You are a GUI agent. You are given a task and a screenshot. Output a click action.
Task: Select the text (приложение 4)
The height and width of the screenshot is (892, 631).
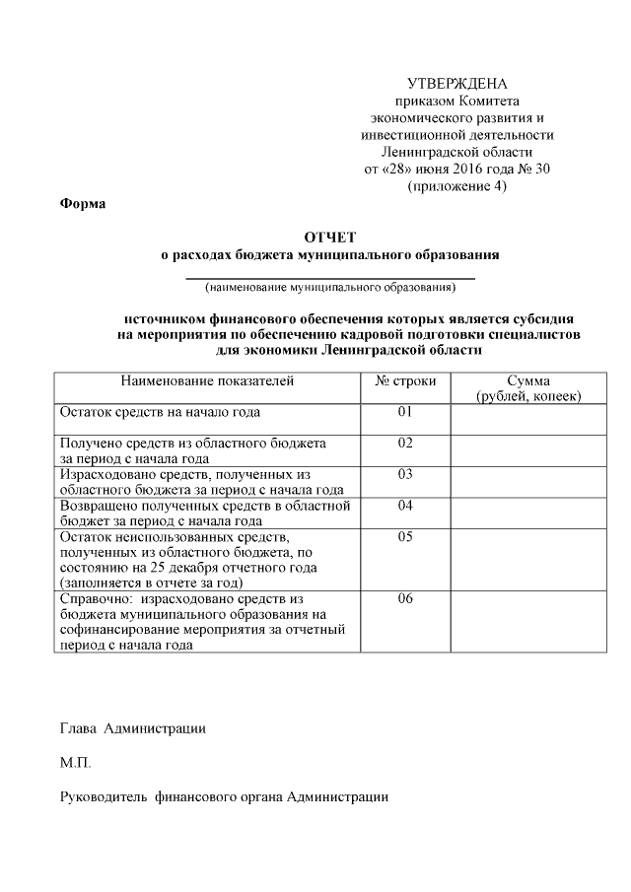456,186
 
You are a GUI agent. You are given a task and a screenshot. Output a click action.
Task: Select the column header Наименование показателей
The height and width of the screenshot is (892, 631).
207,380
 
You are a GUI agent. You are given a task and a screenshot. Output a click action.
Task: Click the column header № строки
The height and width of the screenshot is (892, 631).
405,380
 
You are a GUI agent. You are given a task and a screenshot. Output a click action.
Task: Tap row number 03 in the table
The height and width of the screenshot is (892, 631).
405,475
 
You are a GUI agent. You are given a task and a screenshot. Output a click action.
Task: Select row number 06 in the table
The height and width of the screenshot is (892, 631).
405,598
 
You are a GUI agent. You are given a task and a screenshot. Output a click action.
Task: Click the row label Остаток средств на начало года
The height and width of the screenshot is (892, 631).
160,412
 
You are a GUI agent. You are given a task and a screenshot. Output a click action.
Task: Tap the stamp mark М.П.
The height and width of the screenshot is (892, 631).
76,763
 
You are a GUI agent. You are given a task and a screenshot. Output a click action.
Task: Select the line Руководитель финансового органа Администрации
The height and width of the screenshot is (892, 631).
224,796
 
